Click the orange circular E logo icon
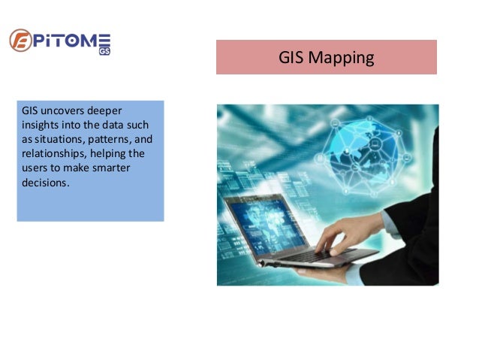tap(20, 40)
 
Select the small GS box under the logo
tap(104, 52)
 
